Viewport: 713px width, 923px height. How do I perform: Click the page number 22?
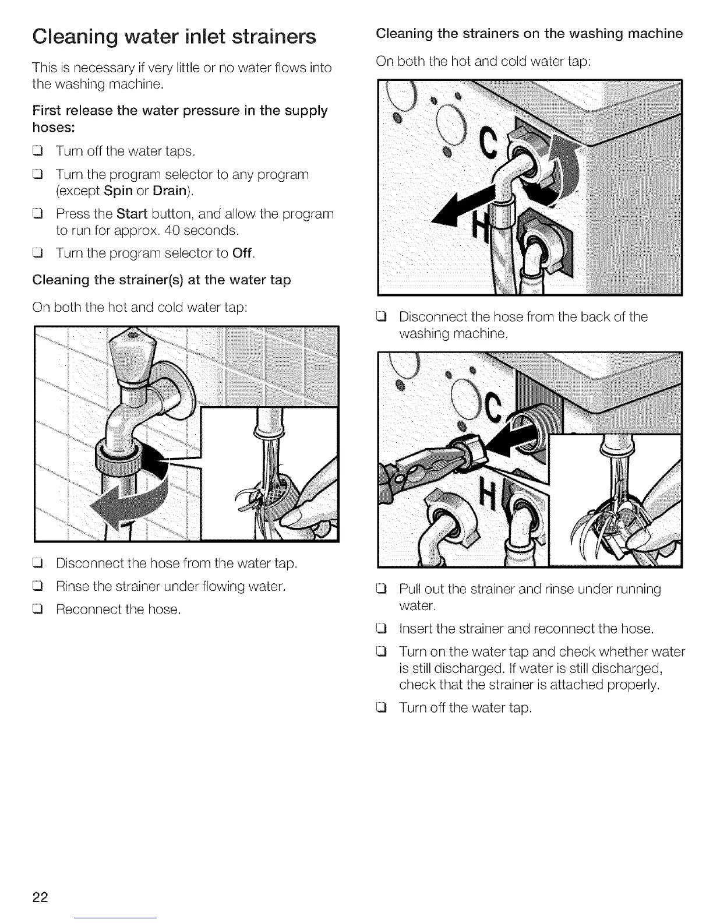[x=40, y=896]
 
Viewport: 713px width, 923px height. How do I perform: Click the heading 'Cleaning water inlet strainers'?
[x=174, y=36]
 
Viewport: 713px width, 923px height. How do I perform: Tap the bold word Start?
[x=132, y=214]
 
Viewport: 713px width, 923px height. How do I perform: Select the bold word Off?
[x=243, y=253]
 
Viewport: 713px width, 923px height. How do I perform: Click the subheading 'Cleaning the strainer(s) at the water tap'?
[x=162, y=280]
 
